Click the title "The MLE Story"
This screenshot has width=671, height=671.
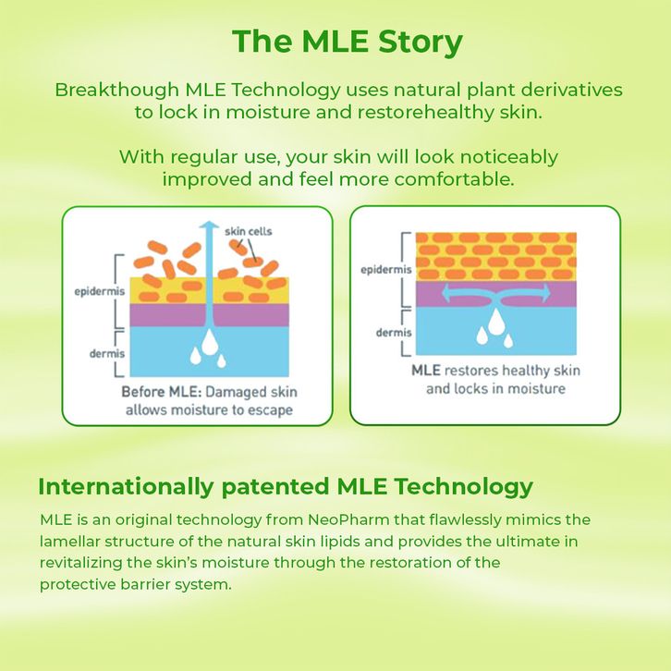pyautogui.click(x=347, y=43)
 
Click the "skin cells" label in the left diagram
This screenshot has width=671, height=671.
pyautogui.click(x=249, y=230)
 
